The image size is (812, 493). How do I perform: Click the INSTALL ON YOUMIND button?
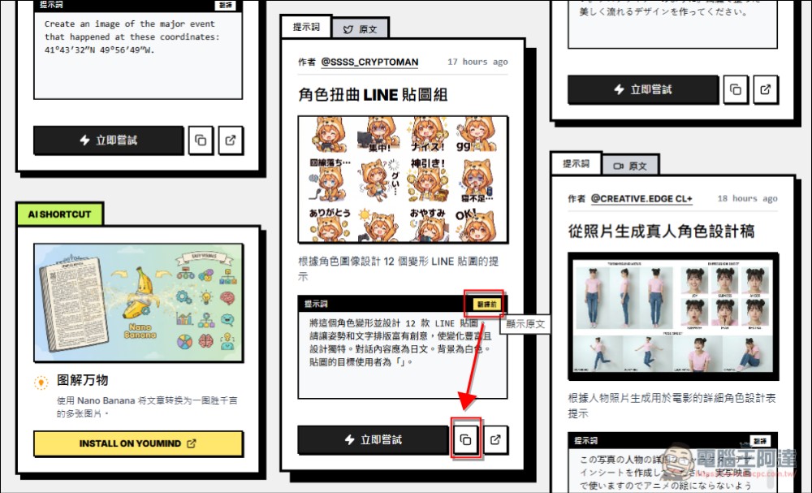[138, 444]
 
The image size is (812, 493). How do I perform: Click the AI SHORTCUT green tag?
[59, 214]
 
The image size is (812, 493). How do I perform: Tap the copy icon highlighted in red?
[465, 439]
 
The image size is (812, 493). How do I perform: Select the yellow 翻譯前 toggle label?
[487, 303]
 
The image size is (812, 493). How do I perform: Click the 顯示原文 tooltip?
[525, 323]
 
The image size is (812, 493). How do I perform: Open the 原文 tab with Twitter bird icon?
[360, 28]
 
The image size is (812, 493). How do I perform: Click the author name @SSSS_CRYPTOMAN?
[369, 62]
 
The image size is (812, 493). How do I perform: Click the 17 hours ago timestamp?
[477, 62]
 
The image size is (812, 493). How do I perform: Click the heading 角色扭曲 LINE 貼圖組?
[373, 94]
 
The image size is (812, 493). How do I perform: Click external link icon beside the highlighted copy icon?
[495, 439]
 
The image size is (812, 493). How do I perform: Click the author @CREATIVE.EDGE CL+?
[641, 198]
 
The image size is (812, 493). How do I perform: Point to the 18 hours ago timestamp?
[747, 198]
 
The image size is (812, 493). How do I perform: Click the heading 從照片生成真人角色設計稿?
[662, 231]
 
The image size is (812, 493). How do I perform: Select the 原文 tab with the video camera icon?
[630, 166]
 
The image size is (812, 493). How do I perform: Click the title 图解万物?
[83, 380]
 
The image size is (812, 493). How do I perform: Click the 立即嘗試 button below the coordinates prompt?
[108, 140]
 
